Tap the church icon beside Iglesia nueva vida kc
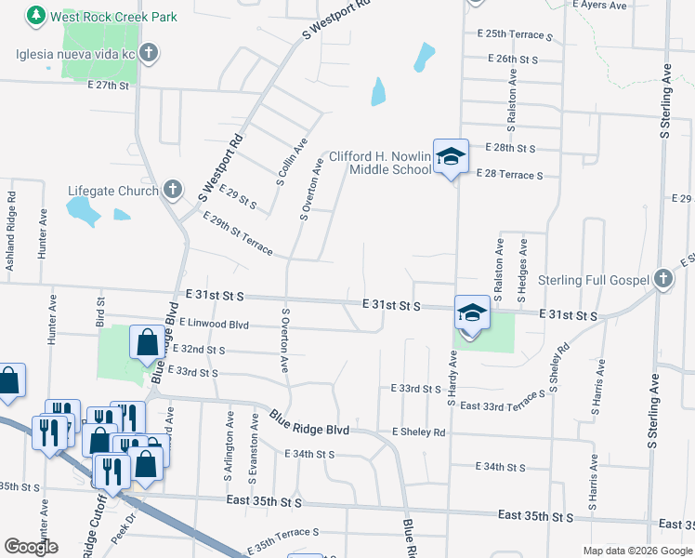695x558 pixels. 150,53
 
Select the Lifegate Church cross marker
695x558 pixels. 171,191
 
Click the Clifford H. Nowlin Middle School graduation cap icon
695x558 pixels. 451,157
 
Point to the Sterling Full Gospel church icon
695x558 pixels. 662,279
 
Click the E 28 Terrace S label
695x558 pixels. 509,174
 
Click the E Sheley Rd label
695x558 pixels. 418,432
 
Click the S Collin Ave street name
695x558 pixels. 290,163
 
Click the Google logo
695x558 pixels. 31,547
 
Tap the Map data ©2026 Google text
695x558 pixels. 636,551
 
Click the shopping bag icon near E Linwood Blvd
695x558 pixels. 148,343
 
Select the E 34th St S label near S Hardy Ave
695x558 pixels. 500,467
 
